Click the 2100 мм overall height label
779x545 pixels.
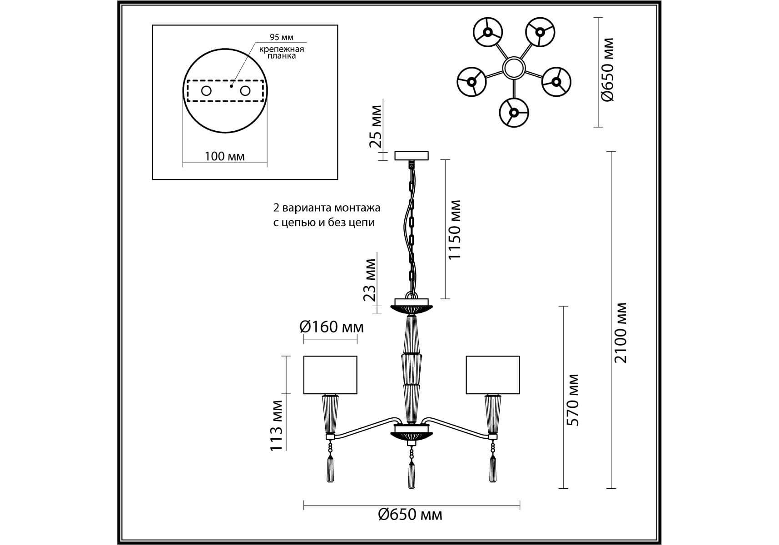point(620,333)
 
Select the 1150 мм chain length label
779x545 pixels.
point(454,230)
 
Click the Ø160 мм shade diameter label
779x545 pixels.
point(332,327)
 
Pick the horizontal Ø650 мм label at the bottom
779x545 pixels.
point(410,515)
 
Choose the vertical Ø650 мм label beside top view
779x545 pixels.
point(607,69)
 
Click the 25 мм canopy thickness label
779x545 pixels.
point(376,127)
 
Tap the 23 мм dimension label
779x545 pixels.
point(370,280)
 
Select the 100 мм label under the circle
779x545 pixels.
point(224,157)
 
